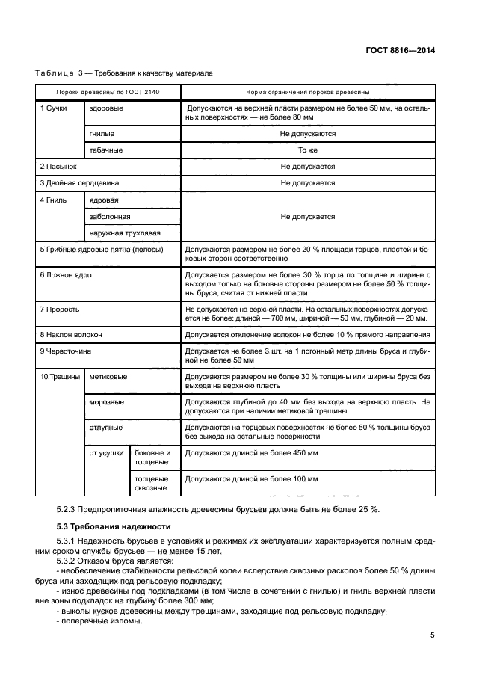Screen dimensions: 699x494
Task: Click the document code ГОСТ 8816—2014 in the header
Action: point(401,51)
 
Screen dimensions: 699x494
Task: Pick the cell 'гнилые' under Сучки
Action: point(102,134)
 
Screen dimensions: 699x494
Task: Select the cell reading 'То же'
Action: point(307,150)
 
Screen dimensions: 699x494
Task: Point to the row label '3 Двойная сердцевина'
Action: point(79,183)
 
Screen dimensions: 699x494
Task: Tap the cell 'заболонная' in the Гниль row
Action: point(110,216)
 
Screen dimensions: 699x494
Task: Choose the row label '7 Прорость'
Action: point(60,308)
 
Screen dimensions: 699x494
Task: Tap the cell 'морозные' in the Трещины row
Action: point(107,402)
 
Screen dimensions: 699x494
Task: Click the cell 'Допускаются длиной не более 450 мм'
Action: point(251,453)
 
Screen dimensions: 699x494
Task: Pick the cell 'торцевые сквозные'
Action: point(151,483)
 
